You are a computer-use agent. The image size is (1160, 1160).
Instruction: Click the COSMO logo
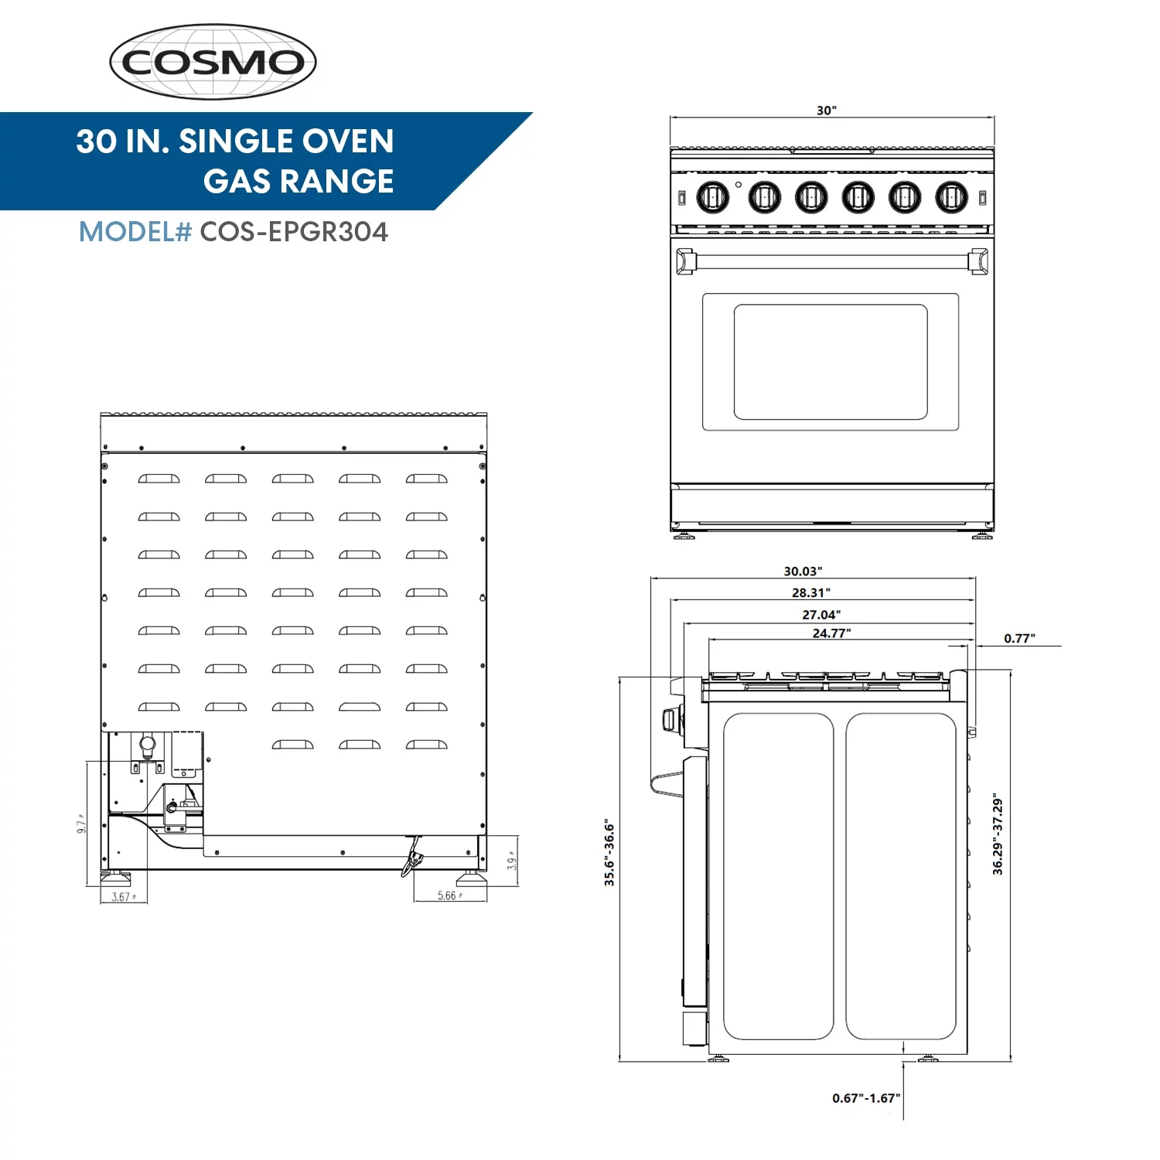(213, 62)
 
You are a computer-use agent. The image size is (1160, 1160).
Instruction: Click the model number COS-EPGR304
(294, 232)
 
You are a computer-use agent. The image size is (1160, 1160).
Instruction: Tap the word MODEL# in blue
(135, 232)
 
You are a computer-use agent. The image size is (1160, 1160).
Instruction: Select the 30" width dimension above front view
(826, 111)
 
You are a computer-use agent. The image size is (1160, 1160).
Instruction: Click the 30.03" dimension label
(803, 571)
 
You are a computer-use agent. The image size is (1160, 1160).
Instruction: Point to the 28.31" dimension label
(810, 593)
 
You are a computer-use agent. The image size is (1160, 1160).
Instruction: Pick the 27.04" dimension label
(821, 615)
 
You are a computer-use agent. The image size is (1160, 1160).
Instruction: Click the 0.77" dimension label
(1019, 639)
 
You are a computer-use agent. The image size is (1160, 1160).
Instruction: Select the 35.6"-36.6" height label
(609, 852)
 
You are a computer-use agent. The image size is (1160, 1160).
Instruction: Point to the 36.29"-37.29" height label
(998, 835)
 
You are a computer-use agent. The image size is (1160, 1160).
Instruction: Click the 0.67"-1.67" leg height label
(866, 1098)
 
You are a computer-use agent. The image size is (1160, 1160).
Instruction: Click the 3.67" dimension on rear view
(123, 897)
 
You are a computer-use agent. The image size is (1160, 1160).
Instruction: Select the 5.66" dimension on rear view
(449, 896)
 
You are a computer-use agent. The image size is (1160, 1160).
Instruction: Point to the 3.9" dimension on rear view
(511, 861)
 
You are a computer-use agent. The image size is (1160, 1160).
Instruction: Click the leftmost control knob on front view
(712, 197)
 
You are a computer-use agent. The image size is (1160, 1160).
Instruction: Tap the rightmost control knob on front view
(951, 197)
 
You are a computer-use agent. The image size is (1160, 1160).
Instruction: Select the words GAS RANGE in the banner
(299, 182)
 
